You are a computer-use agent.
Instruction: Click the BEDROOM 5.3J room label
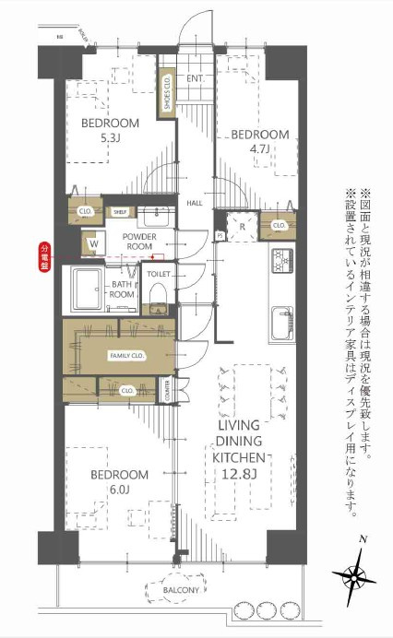coord(109,132)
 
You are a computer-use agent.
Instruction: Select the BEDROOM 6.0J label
coord(119,481)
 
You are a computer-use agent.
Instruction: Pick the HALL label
coord(196,202)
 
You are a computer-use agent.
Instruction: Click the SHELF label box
coord(120,211)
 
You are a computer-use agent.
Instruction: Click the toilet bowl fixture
coord(158,290)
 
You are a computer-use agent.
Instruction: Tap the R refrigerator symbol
coord(241,225)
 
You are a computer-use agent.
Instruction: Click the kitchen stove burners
coord(280,261)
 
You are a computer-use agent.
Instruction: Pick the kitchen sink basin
coord(280,323)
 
